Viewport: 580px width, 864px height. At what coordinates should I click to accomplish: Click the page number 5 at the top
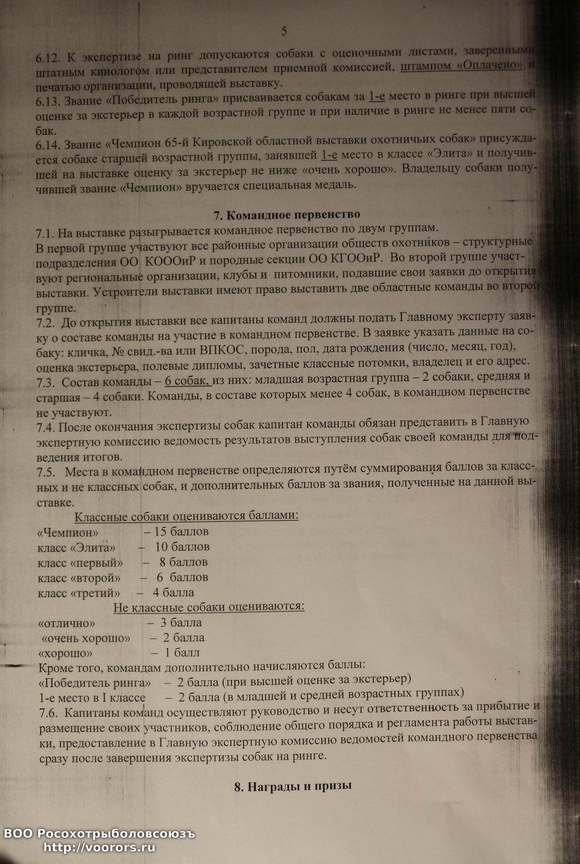284,31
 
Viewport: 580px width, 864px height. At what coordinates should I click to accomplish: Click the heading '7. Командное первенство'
287,214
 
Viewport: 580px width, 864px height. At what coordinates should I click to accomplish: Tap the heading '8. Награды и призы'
293,786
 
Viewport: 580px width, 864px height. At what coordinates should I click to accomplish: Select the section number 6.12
49,57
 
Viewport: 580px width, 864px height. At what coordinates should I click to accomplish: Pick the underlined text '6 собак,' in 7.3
188,382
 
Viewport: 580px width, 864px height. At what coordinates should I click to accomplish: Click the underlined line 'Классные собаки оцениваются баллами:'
187,516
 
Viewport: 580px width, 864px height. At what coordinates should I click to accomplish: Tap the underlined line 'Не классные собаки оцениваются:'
209,606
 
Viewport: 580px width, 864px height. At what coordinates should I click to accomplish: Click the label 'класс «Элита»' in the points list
77,547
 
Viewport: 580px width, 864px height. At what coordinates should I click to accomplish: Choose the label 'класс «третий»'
79,592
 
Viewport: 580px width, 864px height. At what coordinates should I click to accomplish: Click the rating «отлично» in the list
66,623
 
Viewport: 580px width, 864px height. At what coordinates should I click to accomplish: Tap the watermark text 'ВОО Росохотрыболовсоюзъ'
99,834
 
